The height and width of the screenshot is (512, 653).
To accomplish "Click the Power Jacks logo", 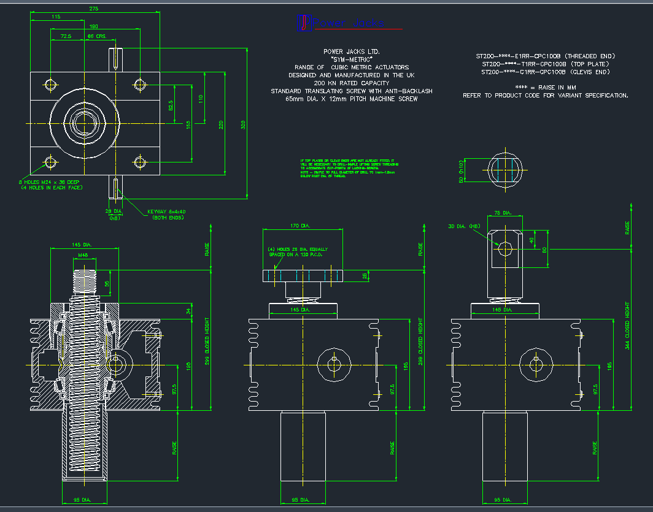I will coord(340,23).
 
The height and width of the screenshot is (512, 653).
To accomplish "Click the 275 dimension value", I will coord(94,9).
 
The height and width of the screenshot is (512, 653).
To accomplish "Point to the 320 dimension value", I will coord(243,124).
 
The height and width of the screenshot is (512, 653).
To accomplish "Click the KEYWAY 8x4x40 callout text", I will coord(166,215).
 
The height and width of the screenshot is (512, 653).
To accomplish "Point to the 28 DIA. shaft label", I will coord(114,211).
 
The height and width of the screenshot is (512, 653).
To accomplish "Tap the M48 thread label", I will coord(83,254).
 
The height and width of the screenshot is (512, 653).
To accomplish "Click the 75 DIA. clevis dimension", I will coord(503,213).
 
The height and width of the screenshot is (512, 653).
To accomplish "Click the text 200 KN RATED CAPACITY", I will coord(351,83).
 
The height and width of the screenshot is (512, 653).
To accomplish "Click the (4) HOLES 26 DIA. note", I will coord(298,253).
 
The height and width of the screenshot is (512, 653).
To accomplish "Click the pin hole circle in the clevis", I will coord(506,248).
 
